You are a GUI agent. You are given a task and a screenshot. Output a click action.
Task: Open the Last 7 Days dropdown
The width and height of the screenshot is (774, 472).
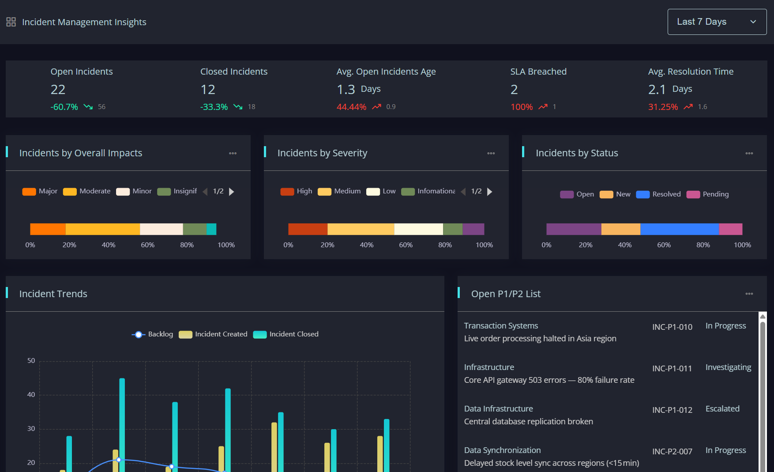click(717, 22)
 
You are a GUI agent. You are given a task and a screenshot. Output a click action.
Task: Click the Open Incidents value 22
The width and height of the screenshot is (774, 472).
click(58, 90)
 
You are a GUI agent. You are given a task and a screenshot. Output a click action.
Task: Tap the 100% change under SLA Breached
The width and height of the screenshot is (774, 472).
click(522, 107)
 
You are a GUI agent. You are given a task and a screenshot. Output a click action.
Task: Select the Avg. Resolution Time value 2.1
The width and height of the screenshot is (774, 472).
click(657, 90)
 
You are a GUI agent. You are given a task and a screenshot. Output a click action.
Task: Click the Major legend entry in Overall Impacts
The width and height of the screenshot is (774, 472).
click(40, 191)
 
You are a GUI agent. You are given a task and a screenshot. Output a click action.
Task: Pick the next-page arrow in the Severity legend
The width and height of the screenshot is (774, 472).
click(490, 192)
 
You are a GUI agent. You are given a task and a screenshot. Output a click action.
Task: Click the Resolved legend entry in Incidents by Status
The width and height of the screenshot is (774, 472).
click(658, 194)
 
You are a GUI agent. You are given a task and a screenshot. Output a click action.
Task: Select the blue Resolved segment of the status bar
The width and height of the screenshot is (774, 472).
click(680, 229)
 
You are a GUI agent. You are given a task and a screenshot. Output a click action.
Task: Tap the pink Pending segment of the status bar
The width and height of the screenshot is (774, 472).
click(731, 229)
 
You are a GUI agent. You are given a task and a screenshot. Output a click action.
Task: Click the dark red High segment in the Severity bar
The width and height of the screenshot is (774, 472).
click(308, 229)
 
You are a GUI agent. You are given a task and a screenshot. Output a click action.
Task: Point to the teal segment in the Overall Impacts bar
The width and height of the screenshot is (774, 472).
click(211, 229)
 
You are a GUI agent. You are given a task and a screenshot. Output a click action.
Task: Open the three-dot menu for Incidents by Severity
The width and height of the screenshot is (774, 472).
click(491, 153)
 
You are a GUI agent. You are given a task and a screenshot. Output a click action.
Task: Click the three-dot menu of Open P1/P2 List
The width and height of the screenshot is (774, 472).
click(749, 294)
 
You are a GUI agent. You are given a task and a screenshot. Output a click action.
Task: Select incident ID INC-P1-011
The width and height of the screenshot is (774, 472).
click(672, 368)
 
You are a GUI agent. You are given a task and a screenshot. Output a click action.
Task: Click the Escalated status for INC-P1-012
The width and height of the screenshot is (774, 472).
click(722, 409)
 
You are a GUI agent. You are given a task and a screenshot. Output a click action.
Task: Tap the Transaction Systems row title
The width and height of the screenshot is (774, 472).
click(501, 325)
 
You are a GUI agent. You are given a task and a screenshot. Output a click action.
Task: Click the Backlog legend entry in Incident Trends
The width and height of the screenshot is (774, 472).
click(152, 334)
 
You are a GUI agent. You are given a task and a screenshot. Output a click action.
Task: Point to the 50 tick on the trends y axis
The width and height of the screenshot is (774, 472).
click(31, 361)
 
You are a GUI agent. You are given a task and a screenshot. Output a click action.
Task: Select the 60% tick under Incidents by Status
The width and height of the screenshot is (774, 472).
click(664, 245)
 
